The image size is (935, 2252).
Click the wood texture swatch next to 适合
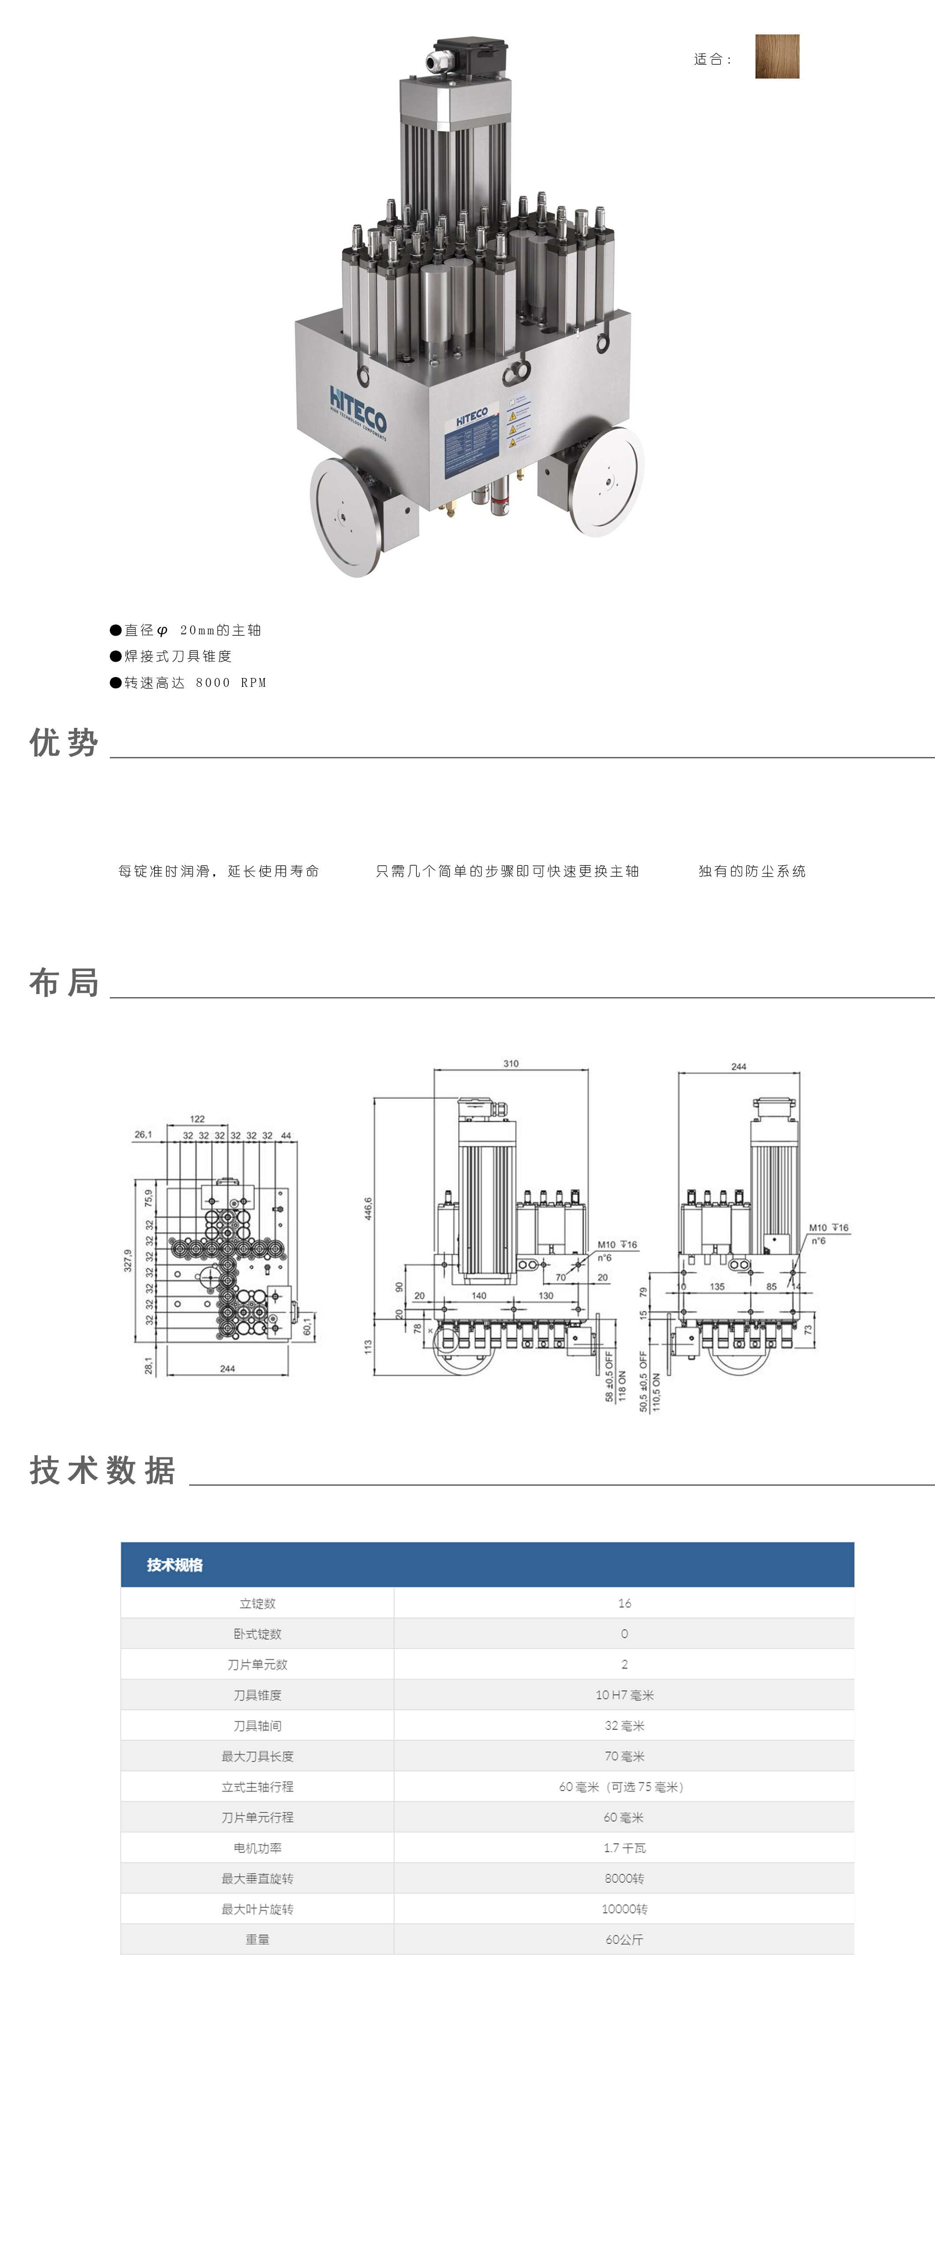[x=777, y=57]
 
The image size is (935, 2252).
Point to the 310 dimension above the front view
[x=511, y=1064]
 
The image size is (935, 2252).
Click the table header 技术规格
[x=175, y=1565]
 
